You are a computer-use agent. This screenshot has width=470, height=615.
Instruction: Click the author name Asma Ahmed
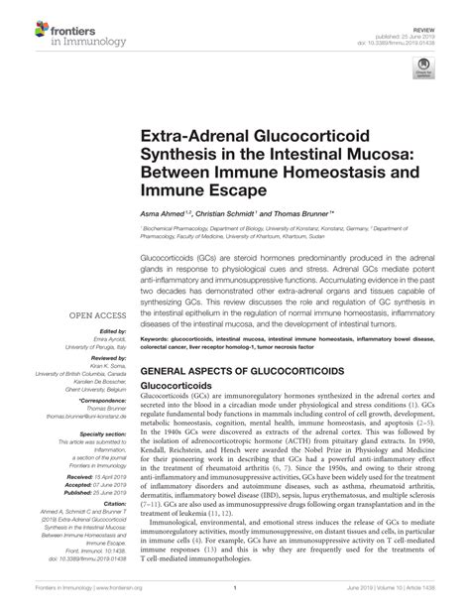pyautogui.click(x=163, y=213)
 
